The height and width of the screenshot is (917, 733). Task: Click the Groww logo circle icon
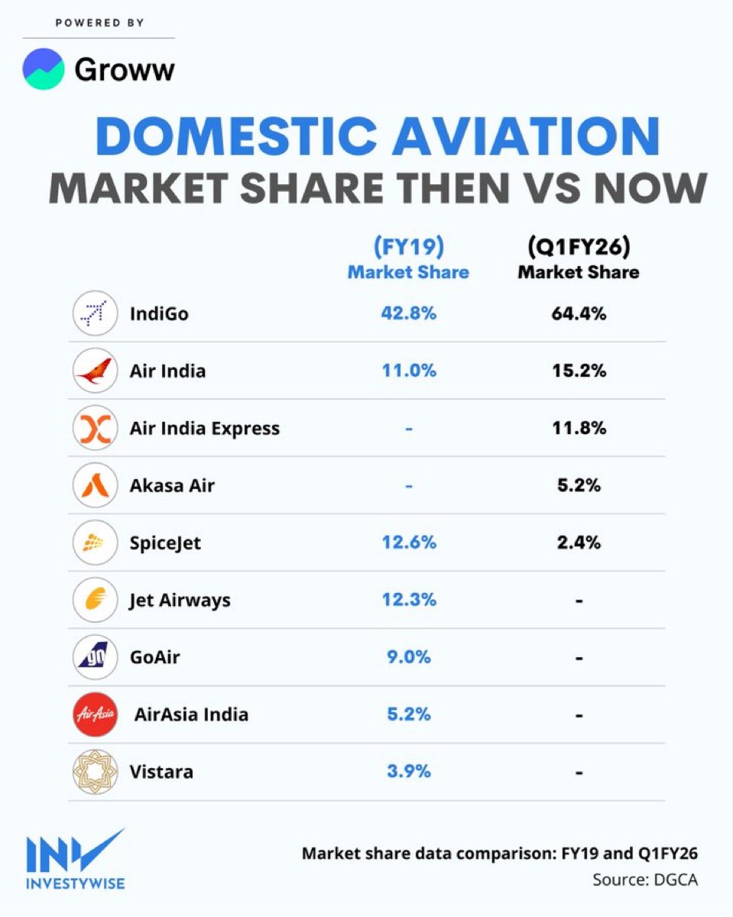44,69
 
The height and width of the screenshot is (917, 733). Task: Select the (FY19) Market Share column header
408,258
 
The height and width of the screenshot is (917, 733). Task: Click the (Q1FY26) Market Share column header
579,258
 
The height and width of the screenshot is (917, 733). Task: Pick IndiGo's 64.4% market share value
579,313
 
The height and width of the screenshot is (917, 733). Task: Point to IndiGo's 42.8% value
409,313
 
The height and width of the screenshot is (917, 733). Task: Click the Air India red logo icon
95,371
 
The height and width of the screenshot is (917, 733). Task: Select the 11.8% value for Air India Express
579,428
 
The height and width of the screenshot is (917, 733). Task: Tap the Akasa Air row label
172,485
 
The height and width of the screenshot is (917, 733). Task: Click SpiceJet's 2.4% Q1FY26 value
579,543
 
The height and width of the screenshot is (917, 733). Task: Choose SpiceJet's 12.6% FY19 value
409,543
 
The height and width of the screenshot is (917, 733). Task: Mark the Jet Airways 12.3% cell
409,600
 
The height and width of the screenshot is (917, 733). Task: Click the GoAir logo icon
95,657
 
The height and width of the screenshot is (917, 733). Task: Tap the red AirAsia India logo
95,714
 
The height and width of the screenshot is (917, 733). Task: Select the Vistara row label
161,772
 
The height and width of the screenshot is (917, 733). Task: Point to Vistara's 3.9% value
409,772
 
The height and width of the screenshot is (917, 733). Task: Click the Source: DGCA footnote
644,880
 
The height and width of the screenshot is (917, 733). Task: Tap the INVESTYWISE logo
74,860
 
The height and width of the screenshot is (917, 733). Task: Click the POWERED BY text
99,23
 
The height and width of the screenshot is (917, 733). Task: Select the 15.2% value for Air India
579,371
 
